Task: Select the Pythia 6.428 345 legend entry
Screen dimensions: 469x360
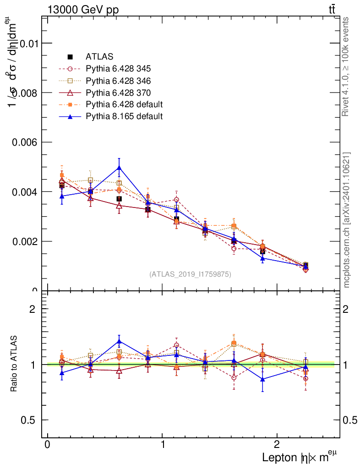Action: click(x=118, y=69)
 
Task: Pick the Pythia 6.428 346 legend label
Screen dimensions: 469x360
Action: click(x=118, y=81)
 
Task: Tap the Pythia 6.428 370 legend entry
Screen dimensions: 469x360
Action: click(x=118, y=93)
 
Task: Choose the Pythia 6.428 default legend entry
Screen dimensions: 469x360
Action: click(x=124, y=104)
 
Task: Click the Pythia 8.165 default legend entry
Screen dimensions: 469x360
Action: click(x=124, y=116)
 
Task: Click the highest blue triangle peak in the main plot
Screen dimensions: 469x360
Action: click(x=119, y=168)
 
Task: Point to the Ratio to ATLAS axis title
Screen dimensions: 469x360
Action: click(x=14, y=364)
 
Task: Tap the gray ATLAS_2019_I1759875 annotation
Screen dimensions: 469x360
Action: click(x=190, y=274)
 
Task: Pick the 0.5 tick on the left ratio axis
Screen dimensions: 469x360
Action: click(x=29, y=420)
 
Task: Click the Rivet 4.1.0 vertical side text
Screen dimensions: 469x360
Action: click(x=346, y=66)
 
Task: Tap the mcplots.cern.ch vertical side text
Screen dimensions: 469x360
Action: click(x=347, y=220)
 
